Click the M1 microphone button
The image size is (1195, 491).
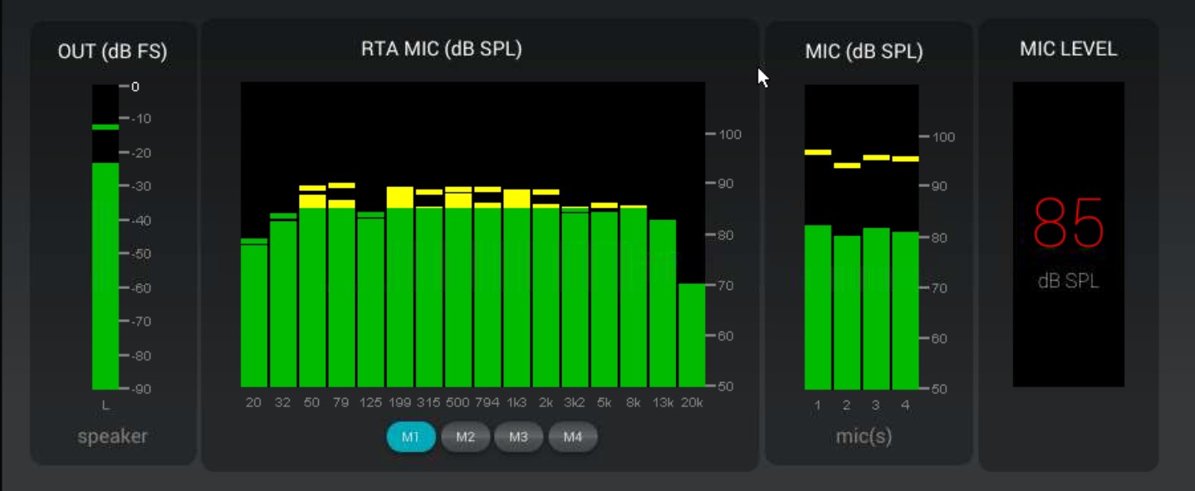(411, 437)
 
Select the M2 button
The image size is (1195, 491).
(465, 437)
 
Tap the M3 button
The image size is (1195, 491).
(518, 437)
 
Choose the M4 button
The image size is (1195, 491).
(572, 437)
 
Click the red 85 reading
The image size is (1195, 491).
(1068, 223)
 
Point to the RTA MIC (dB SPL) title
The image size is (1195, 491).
(441, 49)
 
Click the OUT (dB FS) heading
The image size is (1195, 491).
(112, 52)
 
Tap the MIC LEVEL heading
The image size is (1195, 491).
(1068, 49)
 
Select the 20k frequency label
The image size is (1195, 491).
(692, 403)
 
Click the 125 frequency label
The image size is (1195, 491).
(370, 403)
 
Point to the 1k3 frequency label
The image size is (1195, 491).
(517, 403)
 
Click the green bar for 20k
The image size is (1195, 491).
(692, 336)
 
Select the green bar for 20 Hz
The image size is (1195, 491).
(254, 316)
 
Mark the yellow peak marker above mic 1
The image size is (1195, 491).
(818, 152)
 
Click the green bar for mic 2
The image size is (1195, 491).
(847, 312)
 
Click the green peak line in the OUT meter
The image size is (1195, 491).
(105, 127)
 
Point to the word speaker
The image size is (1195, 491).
(112, 436)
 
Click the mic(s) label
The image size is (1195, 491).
(864, 436)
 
